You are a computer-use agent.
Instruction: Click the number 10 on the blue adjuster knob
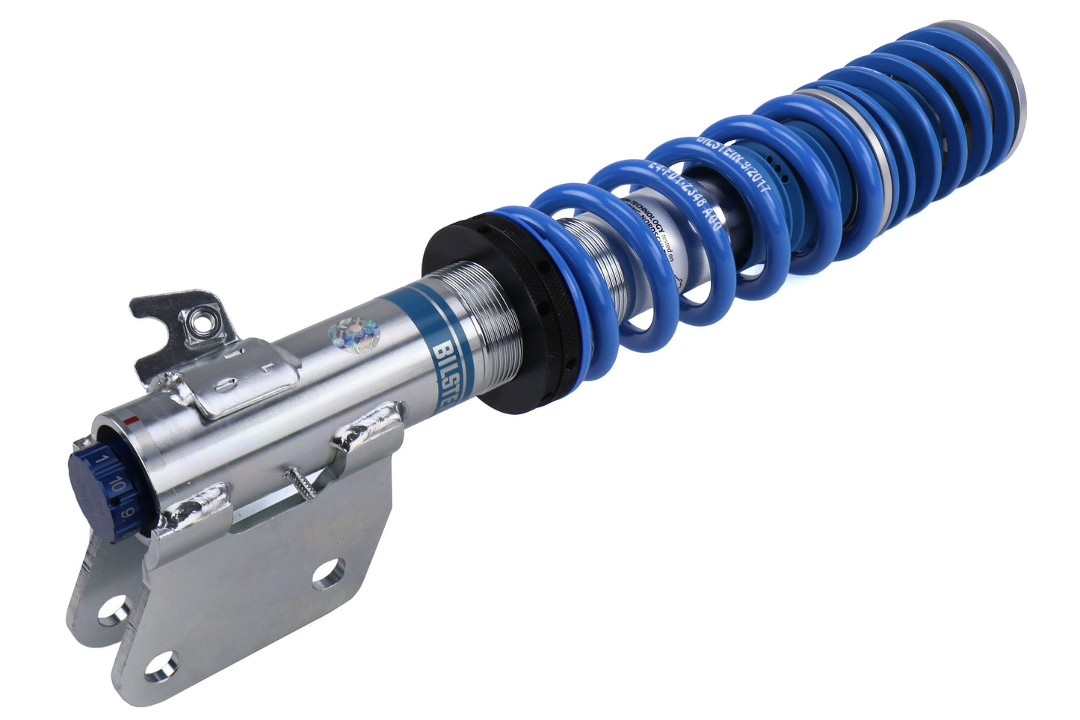pyautogui.click(x=114, y=487)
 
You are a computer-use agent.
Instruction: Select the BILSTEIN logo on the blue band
pyautogui.click(x=447, y=351)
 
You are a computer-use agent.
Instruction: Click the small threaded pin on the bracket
pyautogui.click(x=303, y=481)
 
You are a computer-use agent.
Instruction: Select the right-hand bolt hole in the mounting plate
pyautogui.click(x=328, y=573)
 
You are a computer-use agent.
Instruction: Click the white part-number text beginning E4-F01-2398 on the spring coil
pyautogui.click(x=684, y=197)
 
